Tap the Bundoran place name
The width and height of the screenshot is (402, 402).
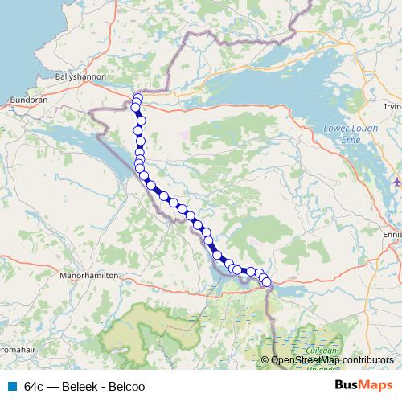pos(28,100)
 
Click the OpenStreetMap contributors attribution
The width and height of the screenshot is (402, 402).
pos(332,360)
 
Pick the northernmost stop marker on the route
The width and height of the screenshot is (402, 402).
pos(137,99)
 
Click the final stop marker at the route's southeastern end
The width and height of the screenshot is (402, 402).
pos(267,282)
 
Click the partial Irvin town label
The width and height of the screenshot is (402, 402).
pos(392,106)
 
